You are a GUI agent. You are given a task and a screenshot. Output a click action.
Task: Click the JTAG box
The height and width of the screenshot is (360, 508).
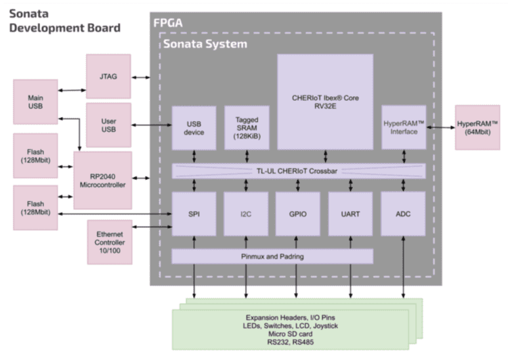point(108,77)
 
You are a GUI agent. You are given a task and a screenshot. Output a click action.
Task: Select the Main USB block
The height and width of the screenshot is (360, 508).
point(35,102)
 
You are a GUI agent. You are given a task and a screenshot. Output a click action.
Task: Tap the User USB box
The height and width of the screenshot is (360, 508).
point(108,125)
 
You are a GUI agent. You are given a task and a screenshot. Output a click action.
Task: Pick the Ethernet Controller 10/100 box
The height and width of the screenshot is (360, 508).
point(108,242)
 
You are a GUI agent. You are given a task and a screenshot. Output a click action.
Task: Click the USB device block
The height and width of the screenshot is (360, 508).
point(194,127)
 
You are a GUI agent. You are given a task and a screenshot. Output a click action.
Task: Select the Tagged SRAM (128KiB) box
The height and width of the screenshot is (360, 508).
point(242,127)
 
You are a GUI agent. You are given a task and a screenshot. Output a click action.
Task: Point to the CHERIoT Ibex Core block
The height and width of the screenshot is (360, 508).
point(325,102)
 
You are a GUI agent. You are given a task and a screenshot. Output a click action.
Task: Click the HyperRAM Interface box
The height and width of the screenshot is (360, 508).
point(404,127)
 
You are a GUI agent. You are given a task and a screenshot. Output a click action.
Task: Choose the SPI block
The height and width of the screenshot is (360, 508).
point(194,214)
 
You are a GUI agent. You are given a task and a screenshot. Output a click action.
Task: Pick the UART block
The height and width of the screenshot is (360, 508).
point(350,214)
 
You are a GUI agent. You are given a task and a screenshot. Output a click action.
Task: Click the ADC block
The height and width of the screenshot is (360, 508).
point(404,214)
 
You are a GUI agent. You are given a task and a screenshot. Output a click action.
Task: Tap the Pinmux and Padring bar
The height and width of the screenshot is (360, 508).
point(272,256)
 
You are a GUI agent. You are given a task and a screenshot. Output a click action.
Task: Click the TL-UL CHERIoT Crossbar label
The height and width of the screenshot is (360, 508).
point(299,171)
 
